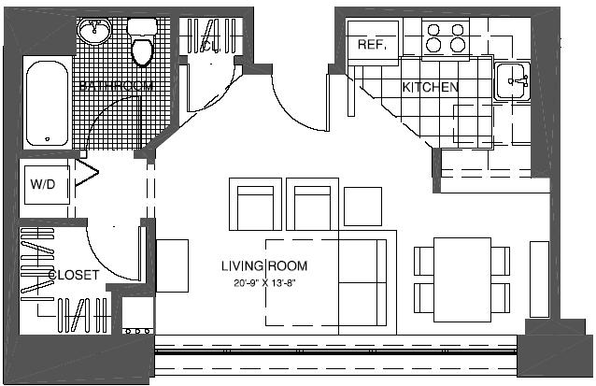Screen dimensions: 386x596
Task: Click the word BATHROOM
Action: [109, 86]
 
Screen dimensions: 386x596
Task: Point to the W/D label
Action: [43, 184]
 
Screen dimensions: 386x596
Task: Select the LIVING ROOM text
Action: [264, 266]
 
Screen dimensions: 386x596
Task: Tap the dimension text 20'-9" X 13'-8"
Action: [279, 282]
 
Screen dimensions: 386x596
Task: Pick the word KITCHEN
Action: [430, 88]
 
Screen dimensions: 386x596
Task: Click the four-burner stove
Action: [446, 37]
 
